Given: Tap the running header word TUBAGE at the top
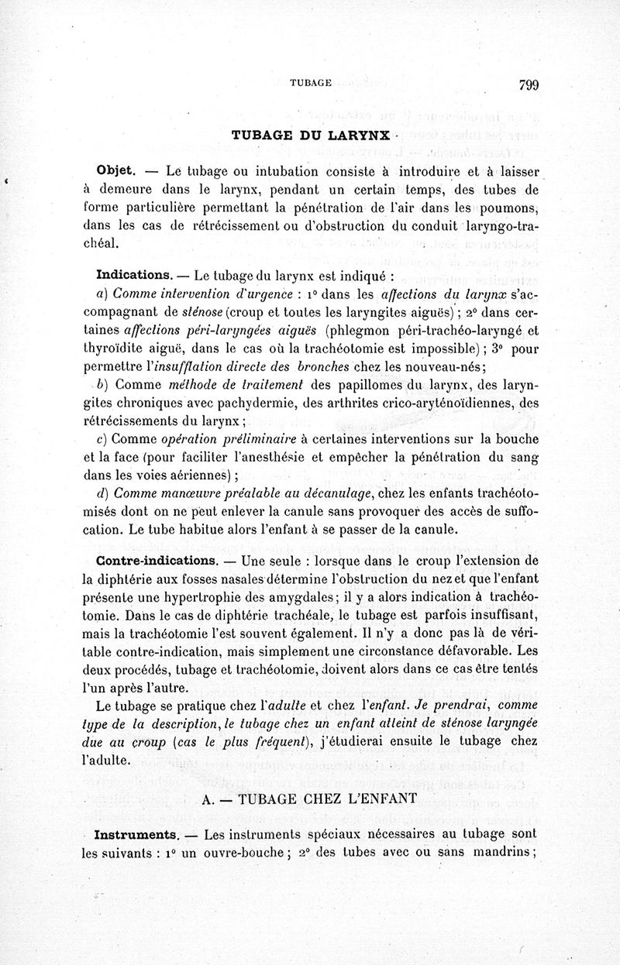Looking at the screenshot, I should tap(310, 81).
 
